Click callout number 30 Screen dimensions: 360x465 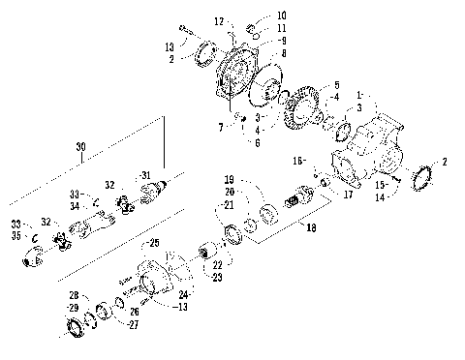(x=79, y=146)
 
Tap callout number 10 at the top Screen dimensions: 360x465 (x=256, y=15)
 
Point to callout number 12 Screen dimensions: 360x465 (x=218, y=20)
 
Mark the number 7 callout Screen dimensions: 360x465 (x=221, y=127)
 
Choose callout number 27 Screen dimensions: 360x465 (x=133, y=325)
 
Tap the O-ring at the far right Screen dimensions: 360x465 (x=422, y=181)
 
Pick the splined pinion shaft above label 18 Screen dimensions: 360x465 (x=292, y=204)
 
